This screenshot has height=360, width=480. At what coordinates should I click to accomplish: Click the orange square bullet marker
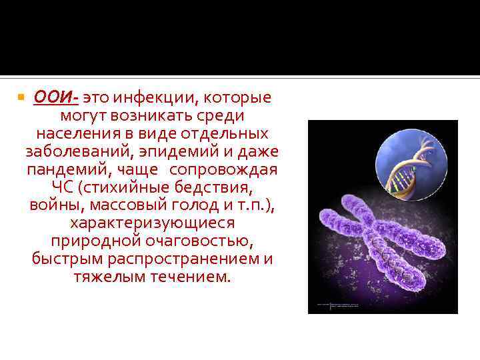coord(21,98)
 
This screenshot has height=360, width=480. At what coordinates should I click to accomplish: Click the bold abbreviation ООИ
coord(55,97)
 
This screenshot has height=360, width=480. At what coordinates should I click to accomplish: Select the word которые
coord(237,97)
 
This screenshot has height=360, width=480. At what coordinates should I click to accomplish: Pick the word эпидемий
coord(163,151)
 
